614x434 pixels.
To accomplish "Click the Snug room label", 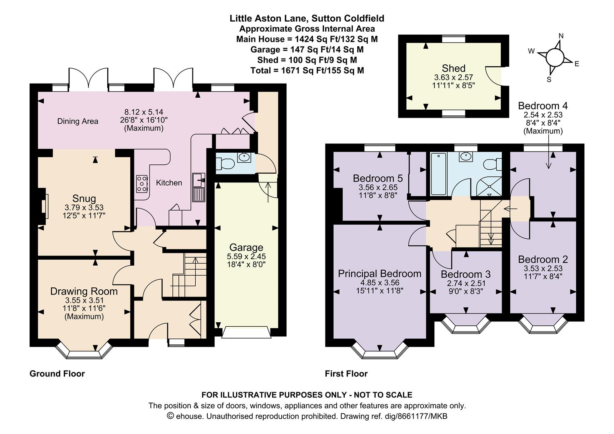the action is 84,198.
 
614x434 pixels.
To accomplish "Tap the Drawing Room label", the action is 84,291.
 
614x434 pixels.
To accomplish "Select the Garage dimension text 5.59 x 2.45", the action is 246,257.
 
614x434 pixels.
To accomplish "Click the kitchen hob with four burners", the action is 142,184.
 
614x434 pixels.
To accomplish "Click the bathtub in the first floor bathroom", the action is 439,174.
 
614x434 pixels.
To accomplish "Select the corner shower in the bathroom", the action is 489,187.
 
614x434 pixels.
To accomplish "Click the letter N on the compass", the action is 561,36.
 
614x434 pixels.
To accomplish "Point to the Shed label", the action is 453,68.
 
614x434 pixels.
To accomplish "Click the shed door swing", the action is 493,76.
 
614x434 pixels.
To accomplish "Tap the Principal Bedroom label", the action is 380,274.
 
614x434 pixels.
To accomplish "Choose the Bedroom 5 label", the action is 378,178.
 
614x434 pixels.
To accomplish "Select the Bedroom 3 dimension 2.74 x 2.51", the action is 466,283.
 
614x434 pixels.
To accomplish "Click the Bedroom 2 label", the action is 543,259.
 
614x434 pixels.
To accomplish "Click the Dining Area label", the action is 78,121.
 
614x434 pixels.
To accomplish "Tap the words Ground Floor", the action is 57,374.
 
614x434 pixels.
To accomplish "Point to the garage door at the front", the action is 246,332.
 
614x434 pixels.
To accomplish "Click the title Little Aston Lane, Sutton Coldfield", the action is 307,18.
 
